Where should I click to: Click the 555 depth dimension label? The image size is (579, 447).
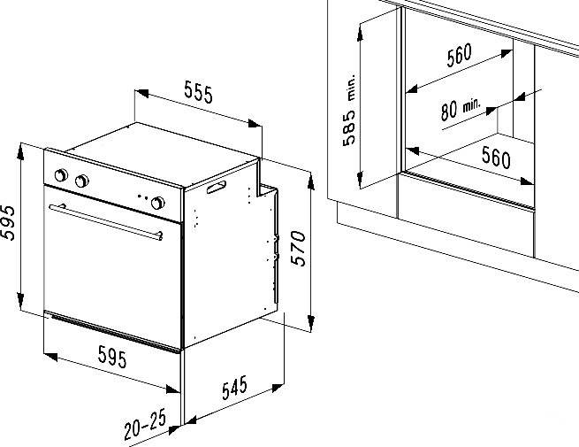click(x=199, y=94)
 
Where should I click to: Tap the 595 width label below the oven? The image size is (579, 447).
click(x=112, y=357)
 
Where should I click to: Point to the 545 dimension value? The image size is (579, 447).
click(x=234, y=388)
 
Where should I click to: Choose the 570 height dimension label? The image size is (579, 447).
click(x=299, y=248)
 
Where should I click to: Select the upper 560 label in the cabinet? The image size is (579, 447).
click(x=459, y=56)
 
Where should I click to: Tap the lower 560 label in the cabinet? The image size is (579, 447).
click(x=496, y=157)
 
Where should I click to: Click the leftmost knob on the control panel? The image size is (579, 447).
click(x=61, y=175)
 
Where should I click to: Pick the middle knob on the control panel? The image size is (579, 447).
click(x=81, y=181)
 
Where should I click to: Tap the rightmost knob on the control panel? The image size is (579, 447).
click(x=157, y=203)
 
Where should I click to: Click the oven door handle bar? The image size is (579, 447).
click(x=105, y=222)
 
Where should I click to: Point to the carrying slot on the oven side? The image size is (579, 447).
click(x=217, y=187)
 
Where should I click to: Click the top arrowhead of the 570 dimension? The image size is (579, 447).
click(x=311, y=181)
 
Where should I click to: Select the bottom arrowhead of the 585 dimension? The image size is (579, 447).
click(x=360, y=180)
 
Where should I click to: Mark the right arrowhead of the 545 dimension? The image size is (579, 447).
click(x=277, y=389)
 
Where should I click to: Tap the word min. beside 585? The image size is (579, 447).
click(x=351, y=88)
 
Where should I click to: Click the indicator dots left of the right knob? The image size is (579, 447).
click(x=142, y=197)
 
